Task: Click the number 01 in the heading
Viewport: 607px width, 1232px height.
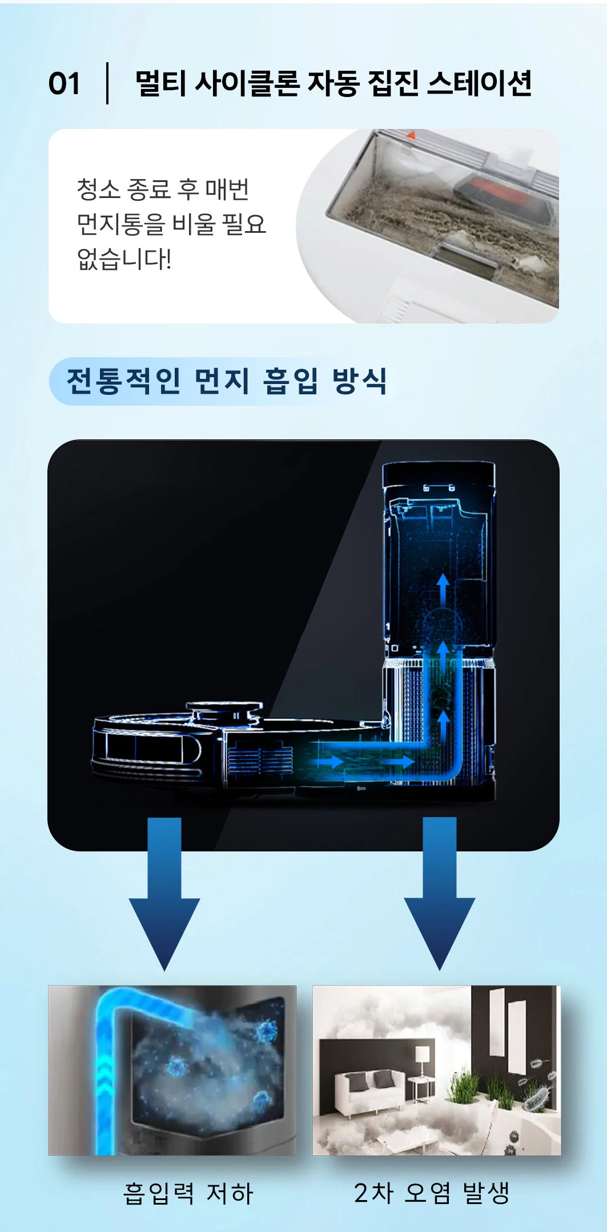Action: [x=64, y=83]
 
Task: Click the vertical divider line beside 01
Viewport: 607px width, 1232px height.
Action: [x=107, y=83]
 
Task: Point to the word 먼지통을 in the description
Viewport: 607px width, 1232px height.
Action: [x=120, y=224]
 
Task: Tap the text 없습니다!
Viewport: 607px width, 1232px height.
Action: [x=124, y=259]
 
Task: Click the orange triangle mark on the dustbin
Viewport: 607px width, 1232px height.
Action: [x=410, y=135]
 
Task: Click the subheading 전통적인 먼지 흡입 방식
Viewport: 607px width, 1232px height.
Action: [x=227, y=381]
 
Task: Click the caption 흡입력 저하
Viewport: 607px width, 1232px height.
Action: [x=188, y=1193]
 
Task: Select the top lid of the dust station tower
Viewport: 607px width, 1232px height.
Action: [x=439, y=474]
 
